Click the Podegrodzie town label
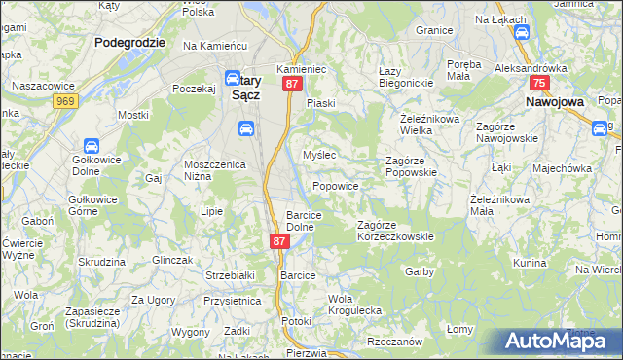(x=129, y=43)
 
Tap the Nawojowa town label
(x=554, y=100)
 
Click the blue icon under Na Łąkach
(x=521, y=32)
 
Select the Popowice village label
(x=336, y=186)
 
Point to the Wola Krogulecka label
(x=354, y=304)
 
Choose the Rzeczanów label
(x=394, y=342)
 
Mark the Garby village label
(x=419, y=271)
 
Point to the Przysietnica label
(x=231, y=301)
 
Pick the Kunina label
(x=530, y=263)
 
